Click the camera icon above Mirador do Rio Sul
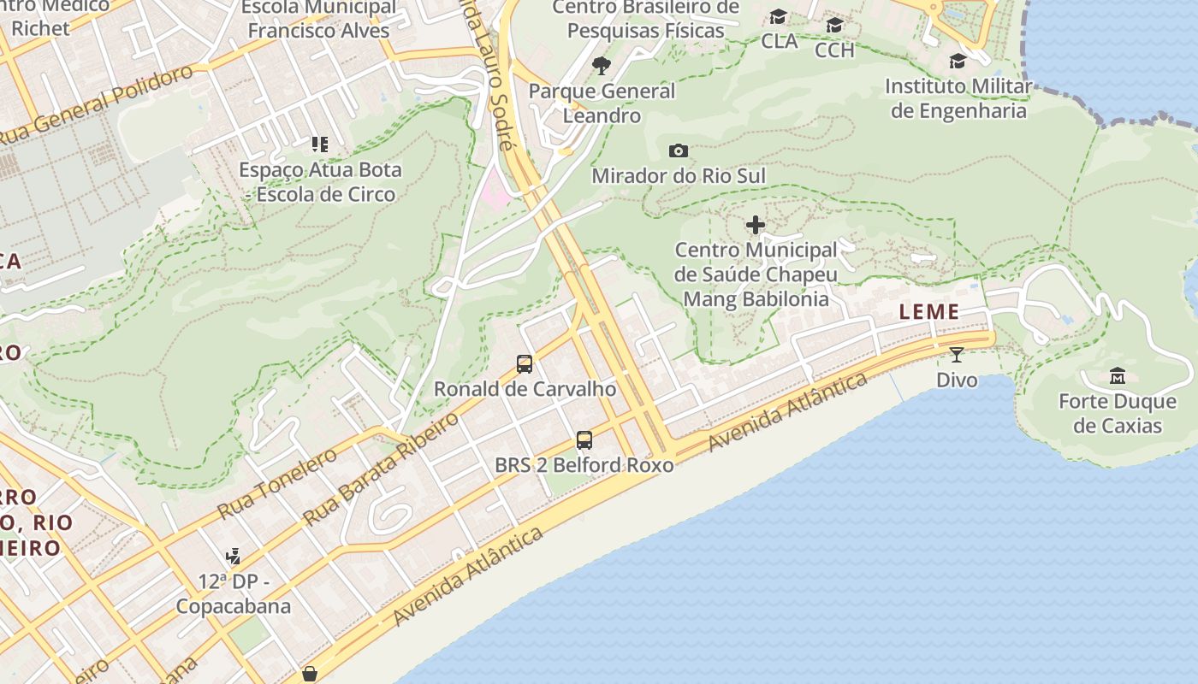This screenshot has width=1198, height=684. (678, 151)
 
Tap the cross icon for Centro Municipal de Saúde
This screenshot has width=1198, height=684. (756, 225)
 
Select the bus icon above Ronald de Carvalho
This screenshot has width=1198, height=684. (525, 364)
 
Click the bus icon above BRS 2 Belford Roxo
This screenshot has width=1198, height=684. (584, 440)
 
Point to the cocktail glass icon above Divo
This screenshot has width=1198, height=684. (957, 355)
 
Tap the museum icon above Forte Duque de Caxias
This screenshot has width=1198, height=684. (1118, 376)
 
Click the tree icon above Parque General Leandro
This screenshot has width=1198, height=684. (602, 66)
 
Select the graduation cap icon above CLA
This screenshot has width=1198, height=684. (778, 17)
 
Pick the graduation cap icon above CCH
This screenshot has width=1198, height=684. (834, 26)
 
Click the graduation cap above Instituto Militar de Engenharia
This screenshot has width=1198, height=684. (958, 62)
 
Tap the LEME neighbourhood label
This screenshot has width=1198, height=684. (929, 312)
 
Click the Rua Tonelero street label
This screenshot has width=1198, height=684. (277, 483)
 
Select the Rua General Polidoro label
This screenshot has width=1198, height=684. (96, 104)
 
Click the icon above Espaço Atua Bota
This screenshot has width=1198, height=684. (320, 144)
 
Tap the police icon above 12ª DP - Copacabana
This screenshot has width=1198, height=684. (233, 557)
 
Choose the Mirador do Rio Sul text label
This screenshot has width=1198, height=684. (679, 176)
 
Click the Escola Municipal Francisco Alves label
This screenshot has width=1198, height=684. (318, 20)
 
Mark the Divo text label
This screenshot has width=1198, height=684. (957, 380)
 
